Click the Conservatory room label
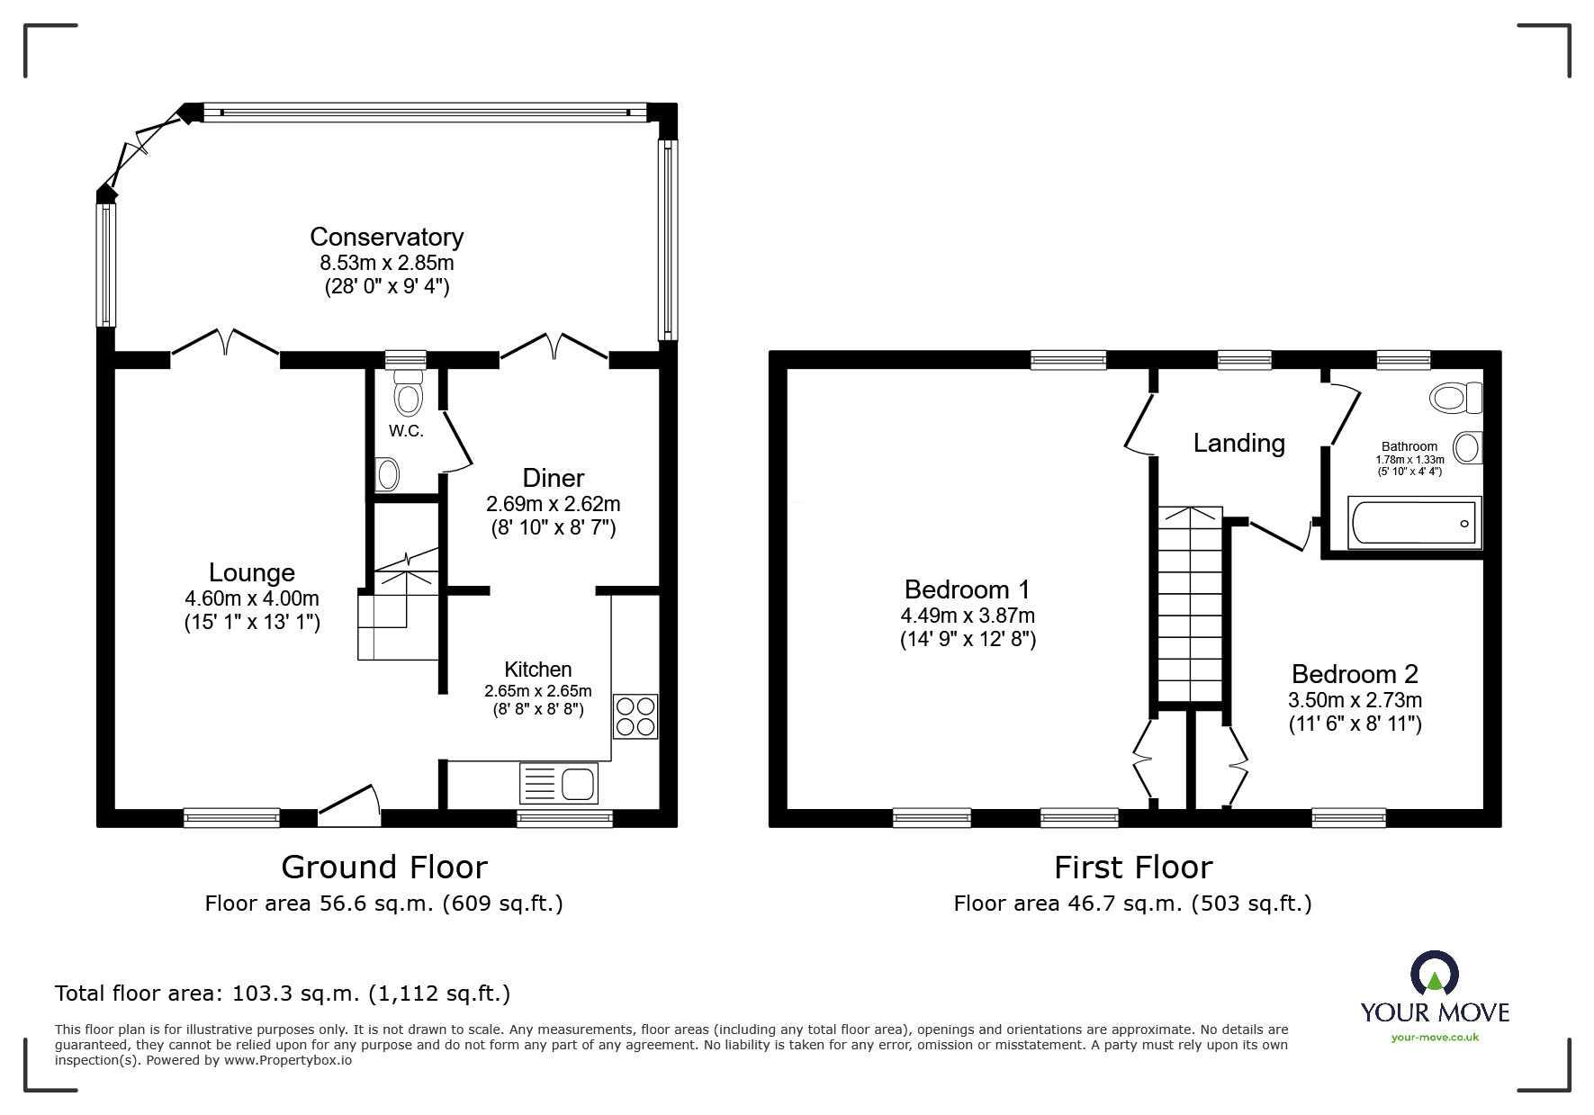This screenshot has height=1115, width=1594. pyautogui.click(x=386, y=237)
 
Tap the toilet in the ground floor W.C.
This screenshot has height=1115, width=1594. pyautogui.click(x=408, y=393)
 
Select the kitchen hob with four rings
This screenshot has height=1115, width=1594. pyautogui.click(x=635, y=716)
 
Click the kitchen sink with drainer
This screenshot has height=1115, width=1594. pyautogui.click(x=559, y=783)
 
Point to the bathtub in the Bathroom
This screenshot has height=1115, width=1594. pyautogui.click(x=1414, y=523)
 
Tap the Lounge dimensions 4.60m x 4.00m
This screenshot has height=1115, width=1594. pyautogui.click(x=252, y=598)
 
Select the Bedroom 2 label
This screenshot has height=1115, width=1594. pyautogui.click(x=1355, y=673)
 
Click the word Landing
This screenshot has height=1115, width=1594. pyautogui.click(x=1238, y=443)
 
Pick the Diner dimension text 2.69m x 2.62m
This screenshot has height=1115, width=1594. pyautogui.click(x=554, y=504)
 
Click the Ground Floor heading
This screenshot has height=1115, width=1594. pyautogui.click(x=384, y=868)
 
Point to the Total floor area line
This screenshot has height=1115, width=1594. pyautogui.click(x=283, y=994)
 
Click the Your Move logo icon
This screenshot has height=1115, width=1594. pyautogui.click(x=1434, y=975)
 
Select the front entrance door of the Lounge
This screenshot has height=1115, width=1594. pyautogui.click(x=349, y=805)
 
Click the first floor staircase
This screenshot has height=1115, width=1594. pyautogui.click(x=1190, y=603)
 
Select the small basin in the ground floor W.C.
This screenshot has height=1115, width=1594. pyautogui.click(x=388, y=473)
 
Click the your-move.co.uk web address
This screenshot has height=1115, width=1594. pyautogui.click(x=1435, y=1038)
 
